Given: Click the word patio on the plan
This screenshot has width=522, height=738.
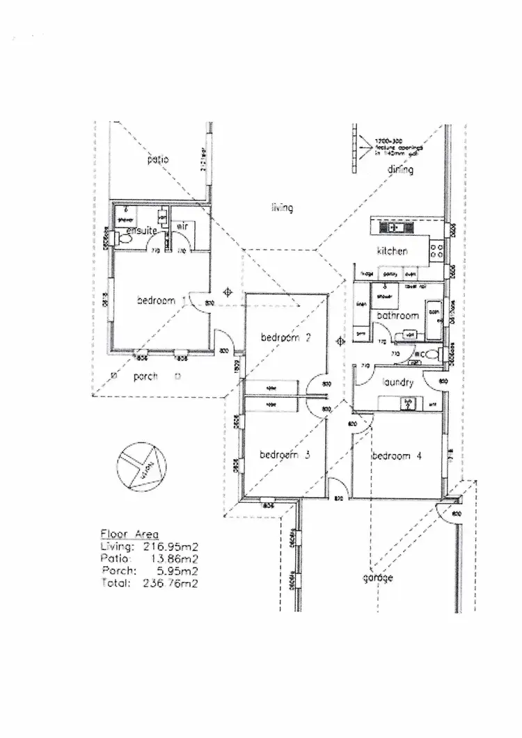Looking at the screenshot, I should point(158,160).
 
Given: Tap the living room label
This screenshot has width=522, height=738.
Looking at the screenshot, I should point(282,208).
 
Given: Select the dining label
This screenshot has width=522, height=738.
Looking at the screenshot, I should point(400,170).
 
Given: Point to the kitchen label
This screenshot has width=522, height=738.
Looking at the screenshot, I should point(392,251).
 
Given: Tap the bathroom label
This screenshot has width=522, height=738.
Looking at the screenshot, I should point(397,316).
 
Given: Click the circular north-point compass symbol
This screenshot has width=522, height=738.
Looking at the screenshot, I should point(141,468).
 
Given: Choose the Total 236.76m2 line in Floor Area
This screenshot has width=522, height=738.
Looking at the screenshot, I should point(149,584).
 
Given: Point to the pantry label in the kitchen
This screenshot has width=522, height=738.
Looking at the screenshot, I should point(390,275).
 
